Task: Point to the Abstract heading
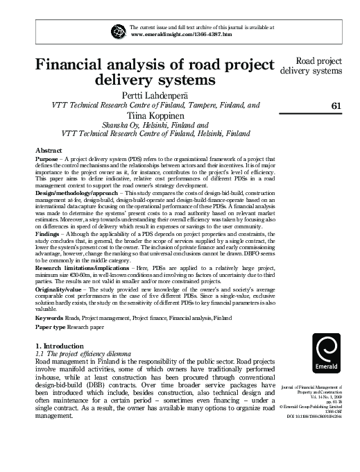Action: tap(49, 151)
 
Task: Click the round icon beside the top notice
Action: tap(116, 31)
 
